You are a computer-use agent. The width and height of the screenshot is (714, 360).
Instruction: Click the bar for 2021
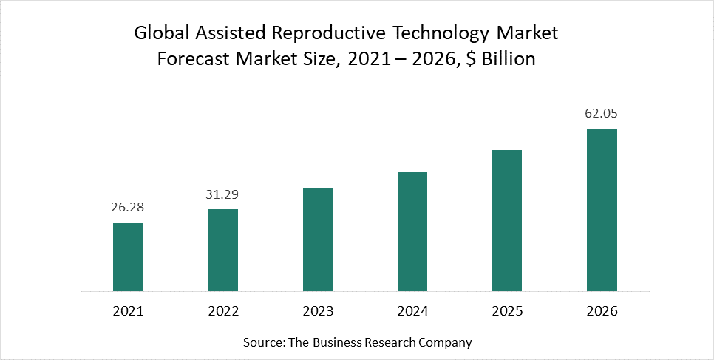(x=128, y=257)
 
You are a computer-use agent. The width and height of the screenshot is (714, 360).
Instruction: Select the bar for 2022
(x=222, y=250)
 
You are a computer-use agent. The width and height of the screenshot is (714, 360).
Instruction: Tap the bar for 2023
(x=317, y=240)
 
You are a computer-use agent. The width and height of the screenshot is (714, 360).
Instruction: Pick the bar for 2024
(x=412, y=231)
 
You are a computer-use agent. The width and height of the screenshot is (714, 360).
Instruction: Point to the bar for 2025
(x=507, y=220)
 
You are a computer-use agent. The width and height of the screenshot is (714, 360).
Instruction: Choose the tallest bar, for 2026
(x=602, y=210)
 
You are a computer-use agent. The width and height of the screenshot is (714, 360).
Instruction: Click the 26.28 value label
(x=128, y=208)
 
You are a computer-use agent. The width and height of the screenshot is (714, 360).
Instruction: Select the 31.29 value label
(x=222, y=195)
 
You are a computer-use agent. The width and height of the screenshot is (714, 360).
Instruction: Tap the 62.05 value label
(x=602, y=115)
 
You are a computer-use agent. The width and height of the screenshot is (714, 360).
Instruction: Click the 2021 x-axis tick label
(x=128, y=311)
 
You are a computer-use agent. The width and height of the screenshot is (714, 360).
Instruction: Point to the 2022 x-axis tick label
(x=222, y=311)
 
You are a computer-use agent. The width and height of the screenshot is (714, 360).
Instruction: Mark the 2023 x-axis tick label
(x=317, y=311)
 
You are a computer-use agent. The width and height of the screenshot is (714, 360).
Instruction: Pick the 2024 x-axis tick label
(x=412, y=311)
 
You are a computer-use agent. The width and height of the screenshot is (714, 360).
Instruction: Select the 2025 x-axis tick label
(x=507, y=311)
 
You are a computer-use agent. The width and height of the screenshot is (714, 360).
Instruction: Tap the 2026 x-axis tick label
(x=602, y=311)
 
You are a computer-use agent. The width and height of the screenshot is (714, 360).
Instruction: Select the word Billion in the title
(x=509, y=59)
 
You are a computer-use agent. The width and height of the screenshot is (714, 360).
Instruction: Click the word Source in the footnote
(x=260, y=343)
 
